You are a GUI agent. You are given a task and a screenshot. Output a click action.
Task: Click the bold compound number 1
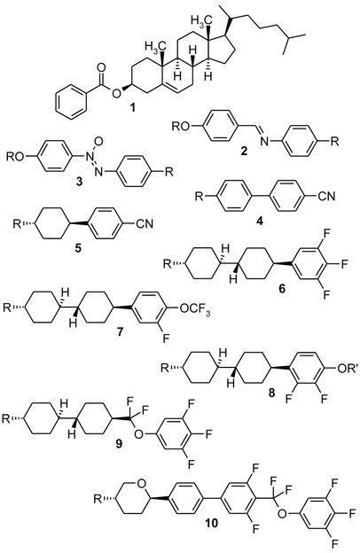coord(133,107)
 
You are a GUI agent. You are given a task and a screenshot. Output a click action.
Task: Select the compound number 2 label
coord(244,152)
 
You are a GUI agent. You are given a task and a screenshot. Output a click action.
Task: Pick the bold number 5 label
coord(78,248)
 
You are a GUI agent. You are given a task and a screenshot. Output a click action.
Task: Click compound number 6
coord(282,289)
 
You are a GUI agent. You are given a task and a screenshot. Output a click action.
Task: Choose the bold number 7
coord(121,332)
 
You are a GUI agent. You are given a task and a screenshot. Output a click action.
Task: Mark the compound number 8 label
coord(271,393)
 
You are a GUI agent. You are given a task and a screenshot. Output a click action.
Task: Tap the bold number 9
coord(119,443)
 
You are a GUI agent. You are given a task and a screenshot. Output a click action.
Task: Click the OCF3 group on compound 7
coord(195,309)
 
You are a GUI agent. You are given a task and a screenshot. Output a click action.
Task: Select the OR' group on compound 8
coord(348,369)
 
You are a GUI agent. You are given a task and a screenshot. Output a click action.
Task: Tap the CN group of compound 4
coord(326,196)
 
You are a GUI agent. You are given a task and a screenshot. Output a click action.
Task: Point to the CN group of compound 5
coord(145,223)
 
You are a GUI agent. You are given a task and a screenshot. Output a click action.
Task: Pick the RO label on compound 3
coord(15,157)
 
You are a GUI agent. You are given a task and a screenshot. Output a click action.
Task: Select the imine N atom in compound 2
coord(263,142)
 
